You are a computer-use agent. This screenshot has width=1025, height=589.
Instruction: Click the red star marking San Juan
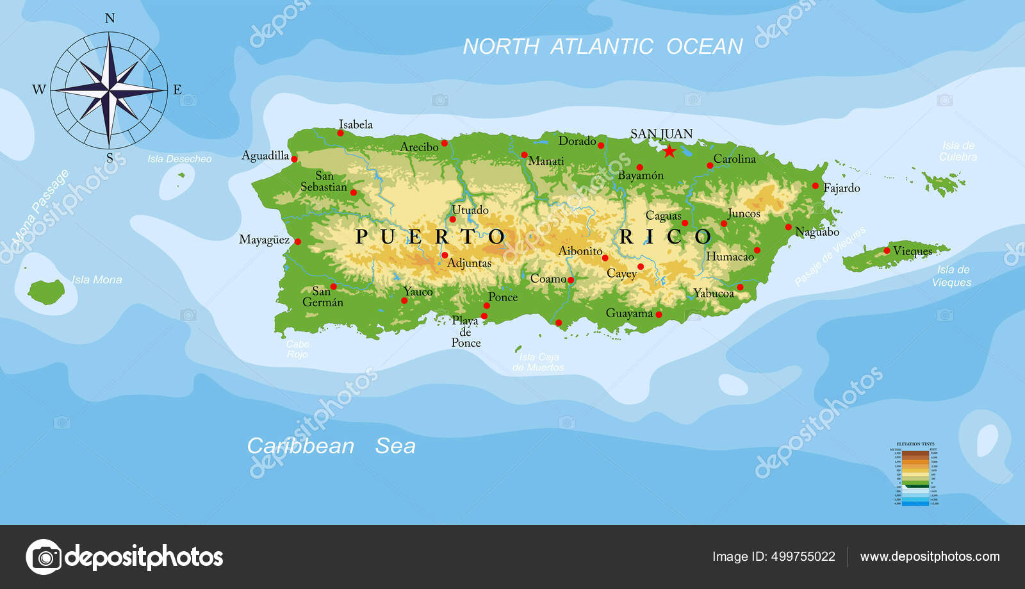(669, 151)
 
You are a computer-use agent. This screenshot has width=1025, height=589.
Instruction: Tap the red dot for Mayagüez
(297, 242)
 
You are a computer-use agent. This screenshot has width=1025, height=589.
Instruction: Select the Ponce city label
(503, 297)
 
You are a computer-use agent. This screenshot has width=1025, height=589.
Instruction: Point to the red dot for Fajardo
(815, 186)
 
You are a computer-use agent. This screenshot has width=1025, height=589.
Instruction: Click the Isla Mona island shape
(46, 292)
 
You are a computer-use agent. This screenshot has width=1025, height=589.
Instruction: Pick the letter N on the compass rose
(110, 19)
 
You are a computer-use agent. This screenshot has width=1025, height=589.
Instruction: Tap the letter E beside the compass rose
(177, 90)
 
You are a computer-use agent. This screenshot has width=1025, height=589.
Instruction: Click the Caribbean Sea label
(331, 445)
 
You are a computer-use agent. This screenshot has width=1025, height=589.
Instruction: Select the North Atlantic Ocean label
(602, 46)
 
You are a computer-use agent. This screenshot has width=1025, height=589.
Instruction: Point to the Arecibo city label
(419, 147)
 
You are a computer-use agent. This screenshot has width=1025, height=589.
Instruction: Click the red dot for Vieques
(887, 251)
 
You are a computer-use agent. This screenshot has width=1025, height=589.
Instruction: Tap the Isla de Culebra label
(958, 151)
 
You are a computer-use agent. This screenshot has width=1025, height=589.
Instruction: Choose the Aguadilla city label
(265, 155)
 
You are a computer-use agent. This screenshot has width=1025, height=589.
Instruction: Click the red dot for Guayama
(659, 314)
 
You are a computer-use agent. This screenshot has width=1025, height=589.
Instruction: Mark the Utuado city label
(470, 210)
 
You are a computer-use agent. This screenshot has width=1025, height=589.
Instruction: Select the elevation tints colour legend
(915, 474)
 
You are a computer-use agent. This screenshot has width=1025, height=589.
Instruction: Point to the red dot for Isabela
(340, 133)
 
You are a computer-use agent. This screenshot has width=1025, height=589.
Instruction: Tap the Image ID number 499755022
(803, 556)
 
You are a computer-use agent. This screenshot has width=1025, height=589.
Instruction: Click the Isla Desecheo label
(179, 159)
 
